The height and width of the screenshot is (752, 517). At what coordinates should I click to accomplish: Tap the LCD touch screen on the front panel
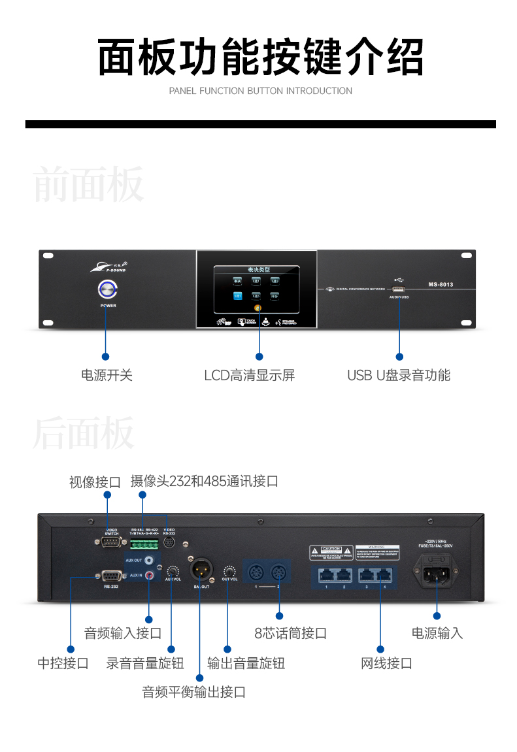click(x=256, y=291)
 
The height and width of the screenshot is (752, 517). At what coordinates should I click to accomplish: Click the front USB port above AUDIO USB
click(x=398, y=289)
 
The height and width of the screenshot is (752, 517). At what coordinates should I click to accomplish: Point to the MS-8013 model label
click(x=441, y=285)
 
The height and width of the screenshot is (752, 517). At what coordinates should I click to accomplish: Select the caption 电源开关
click(x=107, y=375)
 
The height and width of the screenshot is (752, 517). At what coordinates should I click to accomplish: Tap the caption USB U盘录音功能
click(x=399, y=375)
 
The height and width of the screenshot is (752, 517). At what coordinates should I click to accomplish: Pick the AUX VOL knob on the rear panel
click(x=173, y=570)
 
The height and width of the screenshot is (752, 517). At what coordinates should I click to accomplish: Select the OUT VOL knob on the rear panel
click(x=229, y=570)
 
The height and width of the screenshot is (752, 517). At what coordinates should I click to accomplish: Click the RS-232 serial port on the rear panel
click(x=110, y=576)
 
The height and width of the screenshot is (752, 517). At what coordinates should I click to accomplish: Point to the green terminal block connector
click(x=144, y=544)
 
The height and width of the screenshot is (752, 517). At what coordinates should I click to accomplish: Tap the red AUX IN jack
click(x=151, y=575)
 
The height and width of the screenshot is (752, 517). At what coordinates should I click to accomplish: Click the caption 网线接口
click(x=386, y=664)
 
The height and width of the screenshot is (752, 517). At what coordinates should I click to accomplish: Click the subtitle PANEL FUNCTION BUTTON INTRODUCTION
click(x=260, y=91)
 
